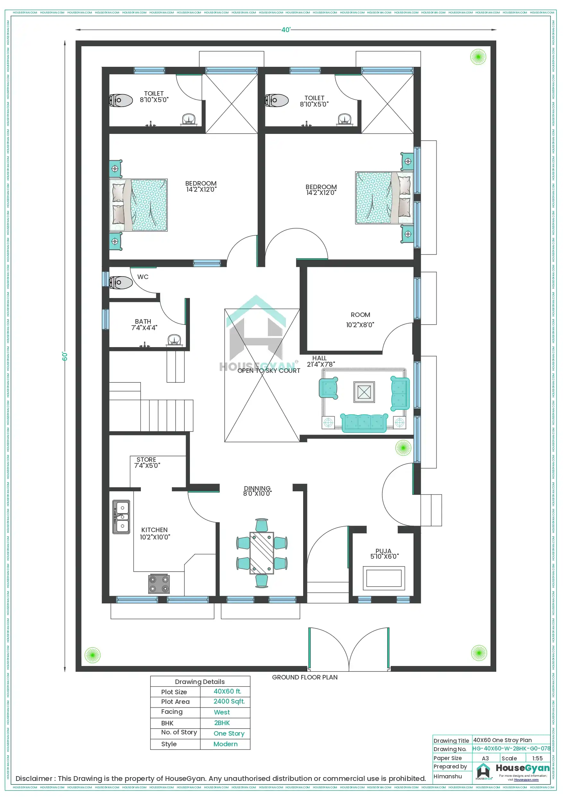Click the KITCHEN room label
155,533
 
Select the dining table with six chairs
261,553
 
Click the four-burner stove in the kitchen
159,583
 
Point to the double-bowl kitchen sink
121,517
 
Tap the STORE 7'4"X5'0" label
147,462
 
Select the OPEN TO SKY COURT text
269,371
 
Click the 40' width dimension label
286,30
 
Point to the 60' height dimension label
65,356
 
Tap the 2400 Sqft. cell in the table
229,701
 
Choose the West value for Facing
222,712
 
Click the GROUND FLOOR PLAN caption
304,677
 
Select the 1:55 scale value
537,758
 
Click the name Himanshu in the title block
448,776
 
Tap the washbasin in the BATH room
174,340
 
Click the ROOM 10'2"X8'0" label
360,320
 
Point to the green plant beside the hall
403,448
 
